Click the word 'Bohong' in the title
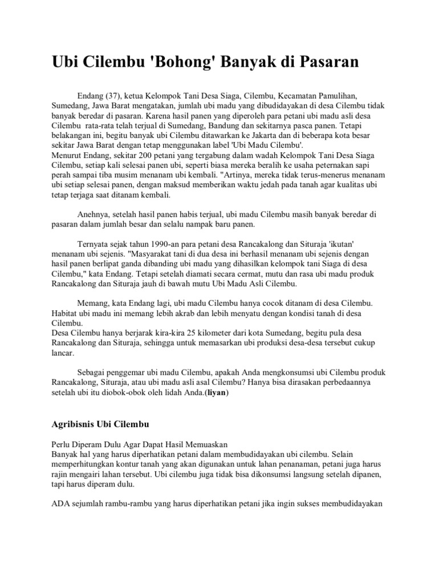pyautogui.click(x=162, y=62)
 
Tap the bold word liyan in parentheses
pyautogui.click(x=218, y=394)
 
